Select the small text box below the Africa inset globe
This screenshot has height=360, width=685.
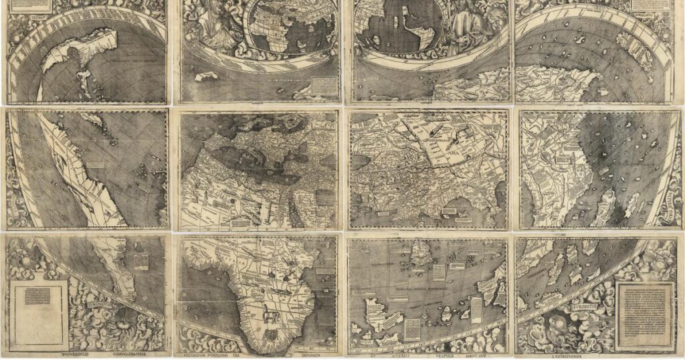pyautogui.click(x=326, y=86)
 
